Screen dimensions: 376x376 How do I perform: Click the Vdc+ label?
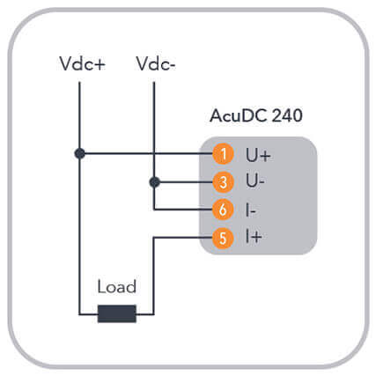82,63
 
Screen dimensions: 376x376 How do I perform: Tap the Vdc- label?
155,63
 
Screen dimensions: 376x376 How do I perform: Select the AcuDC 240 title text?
256,115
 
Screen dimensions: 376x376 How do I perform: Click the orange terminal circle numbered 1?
223,154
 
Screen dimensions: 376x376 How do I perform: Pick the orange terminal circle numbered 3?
223,182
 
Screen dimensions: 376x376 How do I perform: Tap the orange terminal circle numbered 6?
223,210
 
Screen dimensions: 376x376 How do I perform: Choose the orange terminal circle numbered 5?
223,238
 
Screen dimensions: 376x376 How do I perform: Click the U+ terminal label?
258,155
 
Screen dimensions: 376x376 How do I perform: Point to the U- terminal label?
255,181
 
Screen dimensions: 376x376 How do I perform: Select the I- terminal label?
251,210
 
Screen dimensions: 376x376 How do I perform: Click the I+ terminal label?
254,237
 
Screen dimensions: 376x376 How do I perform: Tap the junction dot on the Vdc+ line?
79,153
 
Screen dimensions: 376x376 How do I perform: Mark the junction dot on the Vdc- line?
155,182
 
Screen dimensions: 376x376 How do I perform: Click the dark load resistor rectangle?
117,313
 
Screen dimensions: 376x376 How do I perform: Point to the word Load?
117,286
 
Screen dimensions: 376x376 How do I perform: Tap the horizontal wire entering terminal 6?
183,210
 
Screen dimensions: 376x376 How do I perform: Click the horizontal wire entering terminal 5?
183,238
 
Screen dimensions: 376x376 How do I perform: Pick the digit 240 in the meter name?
287,115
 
